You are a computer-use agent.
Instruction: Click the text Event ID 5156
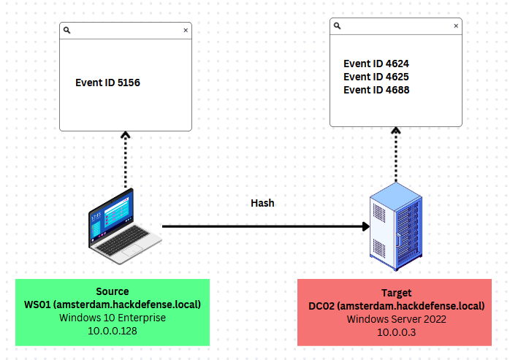(107, 83)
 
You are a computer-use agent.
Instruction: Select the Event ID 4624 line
(376, 64)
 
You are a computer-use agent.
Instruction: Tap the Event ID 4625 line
(376, 77)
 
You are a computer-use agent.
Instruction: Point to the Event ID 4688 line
(376, 90)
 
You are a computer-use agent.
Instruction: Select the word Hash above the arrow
(262, 203)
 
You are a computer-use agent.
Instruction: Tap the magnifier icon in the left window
(67, 31)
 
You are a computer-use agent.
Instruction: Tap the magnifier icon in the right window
(338, 26)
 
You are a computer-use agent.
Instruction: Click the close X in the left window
(186, 31)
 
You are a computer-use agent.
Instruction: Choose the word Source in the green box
(112, 291)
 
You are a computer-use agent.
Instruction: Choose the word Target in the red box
(396, 292)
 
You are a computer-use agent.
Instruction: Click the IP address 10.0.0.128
(112, 331)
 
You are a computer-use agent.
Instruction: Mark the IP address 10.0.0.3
(396, 332)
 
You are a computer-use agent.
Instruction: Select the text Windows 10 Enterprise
(112, 318)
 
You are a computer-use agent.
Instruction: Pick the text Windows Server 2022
(396, 319)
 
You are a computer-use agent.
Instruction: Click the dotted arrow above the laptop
(125, 161)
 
